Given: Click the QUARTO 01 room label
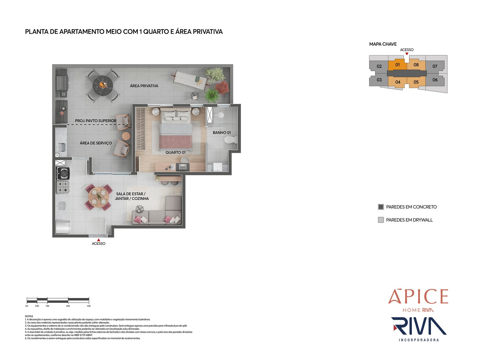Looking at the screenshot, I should pyautogui.click(x=175, y=152).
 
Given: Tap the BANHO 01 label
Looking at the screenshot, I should pyautogui.click(x=222, y=133).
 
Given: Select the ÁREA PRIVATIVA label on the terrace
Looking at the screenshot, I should pyautogui.click(x=144, y=86).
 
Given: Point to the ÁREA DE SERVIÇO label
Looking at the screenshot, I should pyautogui.click(x=96, y=143).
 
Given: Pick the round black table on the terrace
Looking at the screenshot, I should pyautogui.click(x=102, y=85).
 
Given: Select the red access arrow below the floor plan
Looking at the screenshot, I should pyautogui.click(x=99, y=240).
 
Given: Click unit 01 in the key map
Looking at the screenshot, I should pyautogui.click(x=397, y=65).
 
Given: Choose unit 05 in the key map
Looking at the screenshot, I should pyautogui.click(x=416, y=82).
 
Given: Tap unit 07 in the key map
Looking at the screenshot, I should pyautogui.click(x=435, y=66).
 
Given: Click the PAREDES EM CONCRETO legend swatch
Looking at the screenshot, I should pyautogui.click(x=381, y=207).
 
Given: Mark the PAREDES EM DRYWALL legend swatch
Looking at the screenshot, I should pyautogui.click(x=381, y=220).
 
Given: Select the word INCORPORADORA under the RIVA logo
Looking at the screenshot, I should pyautogui.click(x=419, y=340).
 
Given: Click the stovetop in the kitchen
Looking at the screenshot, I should pyautogui.click(x=63, y=187).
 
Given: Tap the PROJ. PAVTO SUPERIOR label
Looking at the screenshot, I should pyautogui.click(x=96, y=121).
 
